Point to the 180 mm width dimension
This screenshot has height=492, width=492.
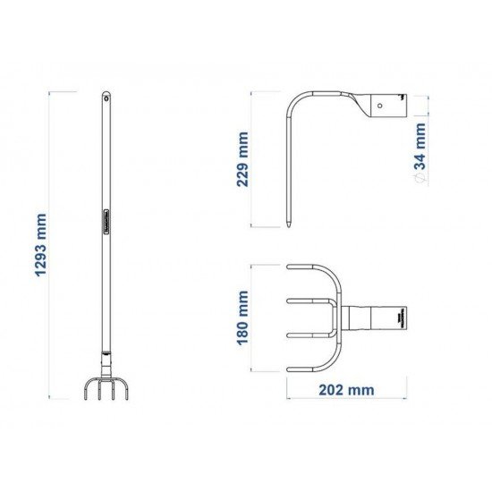[242, 318]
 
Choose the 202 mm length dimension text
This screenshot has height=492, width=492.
[345, 390]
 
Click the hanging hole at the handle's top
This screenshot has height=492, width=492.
[106, 95]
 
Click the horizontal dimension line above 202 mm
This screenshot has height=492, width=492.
[345, 377]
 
